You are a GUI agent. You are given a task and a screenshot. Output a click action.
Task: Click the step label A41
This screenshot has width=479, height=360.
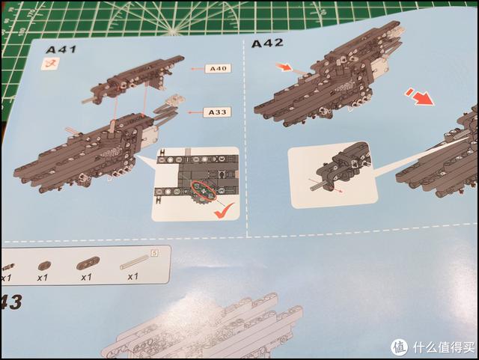pos(57,49)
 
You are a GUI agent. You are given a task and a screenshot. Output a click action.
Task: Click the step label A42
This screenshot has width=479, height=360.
pos(267,43)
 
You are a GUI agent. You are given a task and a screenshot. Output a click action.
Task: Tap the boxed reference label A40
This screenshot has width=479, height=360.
pos(218,68)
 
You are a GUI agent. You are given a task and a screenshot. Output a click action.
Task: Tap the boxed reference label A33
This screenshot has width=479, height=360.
pos(218,112)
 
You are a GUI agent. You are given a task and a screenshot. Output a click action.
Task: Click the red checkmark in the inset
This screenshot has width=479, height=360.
pos(221,213)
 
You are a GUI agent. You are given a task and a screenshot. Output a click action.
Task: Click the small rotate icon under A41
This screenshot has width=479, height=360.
pos(52,64)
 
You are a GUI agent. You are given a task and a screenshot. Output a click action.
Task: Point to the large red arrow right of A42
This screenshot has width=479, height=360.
pos(420,97)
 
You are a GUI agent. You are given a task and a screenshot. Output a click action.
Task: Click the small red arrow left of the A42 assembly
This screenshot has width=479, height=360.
pos(284,68)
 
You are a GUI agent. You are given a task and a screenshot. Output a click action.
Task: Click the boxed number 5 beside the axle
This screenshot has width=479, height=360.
pos(154,252)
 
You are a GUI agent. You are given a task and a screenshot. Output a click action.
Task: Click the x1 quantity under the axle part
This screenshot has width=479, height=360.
pos(133,277)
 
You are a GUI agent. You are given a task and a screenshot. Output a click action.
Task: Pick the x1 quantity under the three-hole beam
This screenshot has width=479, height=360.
pos(86,277)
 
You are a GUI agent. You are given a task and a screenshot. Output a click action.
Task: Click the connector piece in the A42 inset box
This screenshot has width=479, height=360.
pos(346,166)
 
